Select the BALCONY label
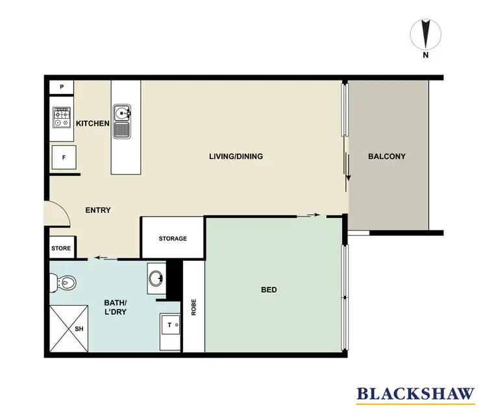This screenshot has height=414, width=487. [x=386, y=156]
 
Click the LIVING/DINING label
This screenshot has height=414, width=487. [x=235, y=156]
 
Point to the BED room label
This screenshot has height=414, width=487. [x=269, y=289]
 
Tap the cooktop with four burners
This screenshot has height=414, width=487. [x=62, y=117]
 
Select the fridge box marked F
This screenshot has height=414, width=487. [x=64, y=158]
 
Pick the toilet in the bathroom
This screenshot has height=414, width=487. [x=63, y=282]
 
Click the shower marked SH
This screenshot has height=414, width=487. [x=69, y=328]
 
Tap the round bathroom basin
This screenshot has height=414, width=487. [x=156, y=279]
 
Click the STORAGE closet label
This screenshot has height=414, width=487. [x=173, y=238]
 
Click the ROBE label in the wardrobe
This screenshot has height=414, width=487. [x=194, y=307]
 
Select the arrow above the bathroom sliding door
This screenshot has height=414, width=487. [x=100, y=258]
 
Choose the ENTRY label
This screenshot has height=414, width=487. [x=98, y=210]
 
